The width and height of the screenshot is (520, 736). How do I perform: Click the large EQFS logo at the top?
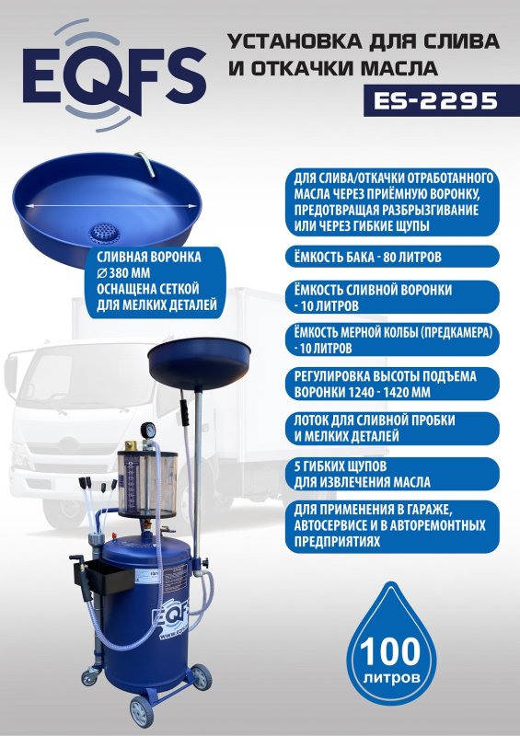click(114, 75)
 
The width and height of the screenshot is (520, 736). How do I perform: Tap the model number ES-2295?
click(435, 100)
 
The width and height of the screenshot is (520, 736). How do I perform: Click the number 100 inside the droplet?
click(390, 651)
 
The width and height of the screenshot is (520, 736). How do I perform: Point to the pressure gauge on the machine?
click(147, 430)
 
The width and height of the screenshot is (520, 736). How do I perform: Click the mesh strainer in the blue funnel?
click(105, 233)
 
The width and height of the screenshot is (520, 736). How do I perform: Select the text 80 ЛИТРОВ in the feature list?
click(412, 258)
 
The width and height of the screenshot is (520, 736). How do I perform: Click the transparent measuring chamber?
click(147, 482)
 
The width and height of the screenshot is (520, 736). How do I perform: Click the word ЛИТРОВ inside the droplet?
click(391, 678)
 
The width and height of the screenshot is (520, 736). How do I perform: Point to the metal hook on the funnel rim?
click(145, 164)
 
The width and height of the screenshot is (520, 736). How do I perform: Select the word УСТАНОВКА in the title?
click(295, 41)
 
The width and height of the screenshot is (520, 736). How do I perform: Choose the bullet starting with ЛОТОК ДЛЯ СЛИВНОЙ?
click(392, 428)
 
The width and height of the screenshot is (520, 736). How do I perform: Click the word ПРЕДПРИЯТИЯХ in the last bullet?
click(337, 542)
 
